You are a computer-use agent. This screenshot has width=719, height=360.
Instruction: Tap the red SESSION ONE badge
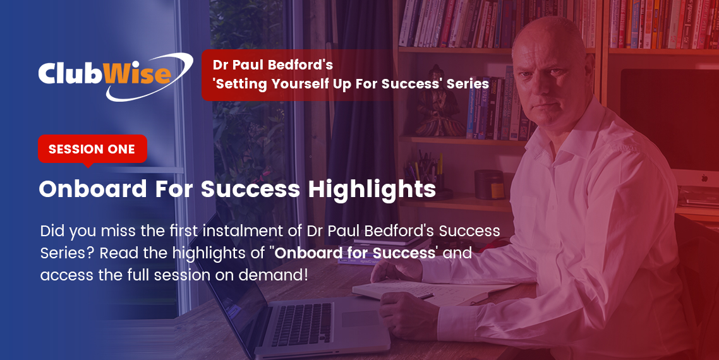pos(92,149)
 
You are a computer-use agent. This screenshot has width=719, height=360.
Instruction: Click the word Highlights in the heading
pos(372,188)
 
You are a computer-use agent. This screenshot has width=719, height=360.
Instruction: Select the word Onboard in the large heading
pos(93,188)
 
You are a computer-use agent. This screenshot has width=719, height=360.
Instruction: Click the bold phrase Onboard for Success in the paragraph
pos(355,253)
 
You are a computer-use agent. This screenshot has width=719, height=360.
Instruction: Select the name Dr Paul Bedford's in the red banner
pos(272,64)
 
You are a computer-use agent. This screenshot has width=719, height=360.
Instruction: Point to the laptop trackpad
pos(360,318)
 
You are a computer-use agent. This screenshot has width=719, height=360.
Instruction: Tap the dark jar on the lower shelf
pos(489,184)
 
